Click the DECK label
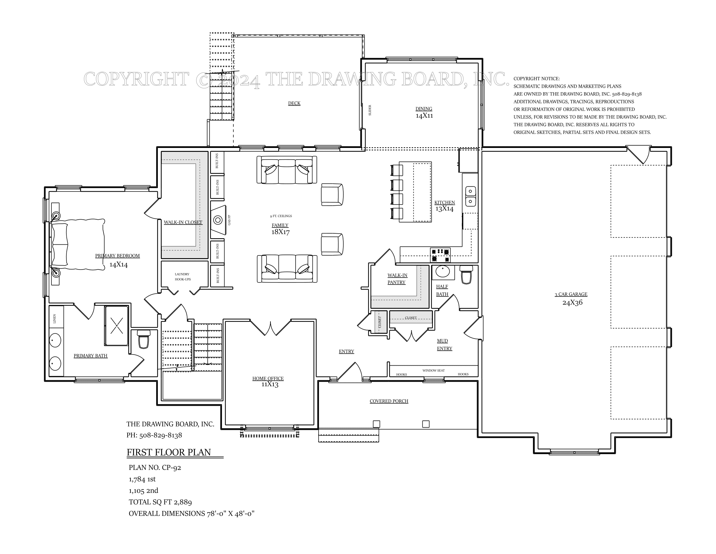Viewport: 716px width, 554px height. click(294, 103)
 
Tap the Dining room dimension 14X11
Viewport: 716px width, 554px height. click(424, 116)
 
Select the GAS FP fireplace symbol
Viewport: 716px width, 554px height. click(218, 220)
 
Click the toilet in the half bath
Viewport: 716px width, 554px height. click(466, 275)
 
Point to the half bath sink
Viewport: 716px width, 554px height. click(443, 272)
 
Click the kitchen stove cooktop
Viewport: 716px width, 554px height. click(440, 255)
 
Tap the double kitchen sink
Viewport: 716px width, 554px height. click(471, 196)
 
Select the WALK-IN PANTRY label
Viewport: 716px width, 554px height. click(397, 279)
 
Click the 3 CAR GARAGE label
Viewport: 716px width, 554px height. click(571, 294)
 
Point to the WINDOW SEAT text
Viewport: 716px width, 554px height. click(434, 371)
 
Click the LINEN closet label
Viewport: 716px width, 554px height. click(55, 318)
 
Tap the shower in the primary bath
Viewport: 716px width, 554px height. click(117, 326)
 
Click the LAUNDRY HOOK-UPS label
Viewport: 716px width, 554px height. click(182, 277)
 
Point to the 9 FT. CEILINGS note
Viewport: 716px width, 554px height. click(281, 216)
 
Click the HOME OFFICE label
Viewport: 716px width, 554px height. click(268, 378)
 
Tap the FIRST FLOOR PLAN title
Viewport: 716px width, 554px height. click(169, 452)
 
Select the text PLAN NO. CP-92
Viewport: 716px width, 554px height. click(155, 468)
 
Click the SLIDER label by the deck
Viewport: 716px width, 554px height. click(370, 110)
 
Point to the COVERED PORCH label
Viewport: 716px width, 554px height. click(389, 401)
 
